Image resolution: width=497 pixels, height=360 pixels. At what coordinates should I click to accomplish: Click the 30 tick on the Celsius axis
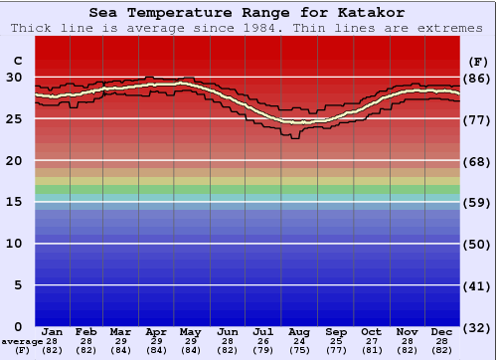[14, 77]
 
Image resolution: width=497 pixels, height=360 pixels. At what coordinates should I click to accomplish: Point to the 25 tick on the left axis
[14, 118]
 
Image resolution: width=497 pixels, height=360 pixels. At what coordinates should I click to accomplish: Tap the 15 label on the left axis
[14, 202]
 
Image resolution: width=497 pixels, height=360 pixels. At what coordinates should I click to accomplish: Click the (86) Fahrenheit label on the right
[478, 78]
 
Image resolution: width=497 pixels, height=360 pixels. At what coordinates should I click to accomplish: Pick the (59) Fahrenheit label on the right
[478, 203]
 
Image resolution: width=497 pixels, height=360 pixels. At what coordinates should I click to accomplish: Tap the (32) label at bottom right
[478, 327]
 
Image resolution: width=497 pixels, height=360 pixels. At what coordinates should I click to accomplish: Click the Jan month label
[53, 331]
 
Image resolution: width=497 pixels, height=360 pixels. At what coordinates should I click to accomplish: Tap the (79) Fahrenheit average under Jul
[262, 350]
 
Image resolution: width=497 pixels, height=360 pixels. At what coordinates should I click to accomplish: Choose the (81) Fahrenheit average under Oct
[371, 350]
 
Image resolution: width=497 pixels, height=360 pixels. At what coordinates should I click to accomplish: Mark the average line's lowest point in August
[297, 121]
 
